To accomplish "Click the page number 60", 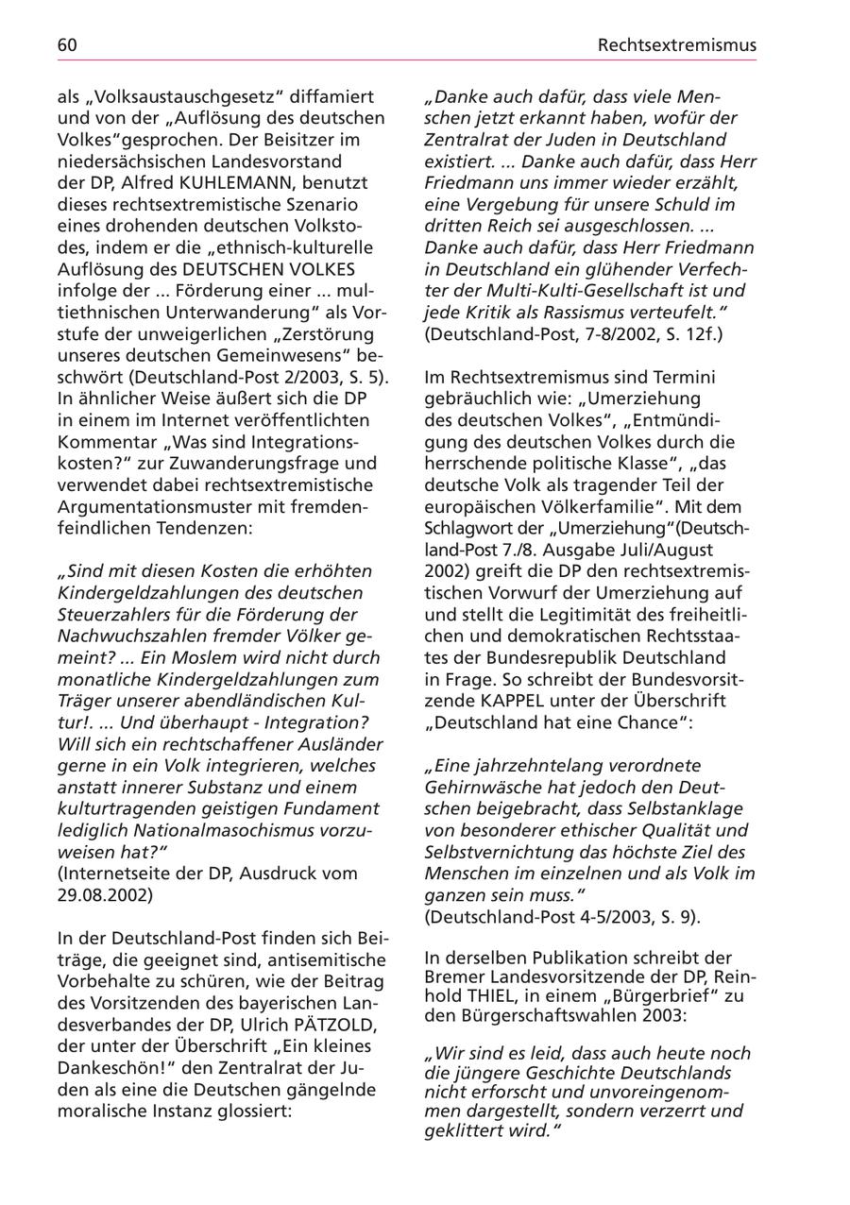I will click(67, 44).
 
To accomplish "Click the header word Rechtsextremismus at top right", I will click(677, 44).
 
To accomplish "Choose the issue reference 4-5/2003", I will click(577, 917).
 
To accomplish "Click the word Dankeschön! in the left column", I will click(105, 1069).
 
